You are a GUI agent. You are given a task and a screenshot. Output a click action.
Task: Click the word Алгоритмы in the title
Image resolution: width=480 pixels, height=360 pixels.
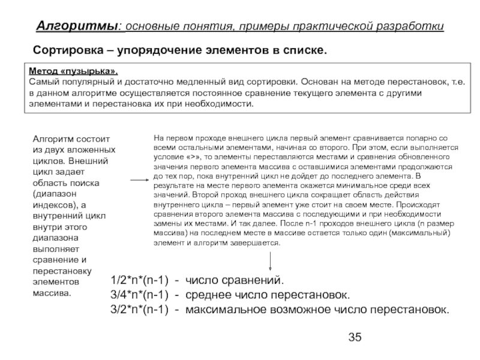[x=77, y=26]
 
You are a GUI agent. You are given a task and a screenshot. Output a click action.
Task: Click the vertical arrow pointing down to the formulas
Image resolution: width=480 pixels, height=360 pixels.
[x=271, y=261]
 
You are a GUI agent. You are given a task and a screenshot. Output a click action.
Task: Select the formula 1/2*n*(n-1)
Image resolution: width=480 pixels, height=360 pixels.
[x=139, y=281]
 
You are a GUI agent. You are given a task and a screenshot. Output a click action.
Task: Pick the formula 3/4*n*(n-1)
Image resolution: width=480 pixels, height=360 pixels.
[x=139, y=295]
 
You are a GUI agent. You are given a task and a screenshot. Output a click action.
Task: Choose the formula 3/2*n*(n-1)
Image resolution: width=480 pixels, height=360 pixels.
[x=139, y=310]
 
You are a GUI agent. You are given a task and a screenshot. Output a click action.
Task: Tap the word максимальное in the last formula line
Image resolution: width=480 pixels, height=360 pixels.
[x=223, y=310]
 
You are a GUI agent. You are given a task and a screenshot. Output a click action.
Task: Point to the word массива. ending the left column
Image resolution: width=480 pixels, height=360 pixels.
[x=52, y=293]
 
